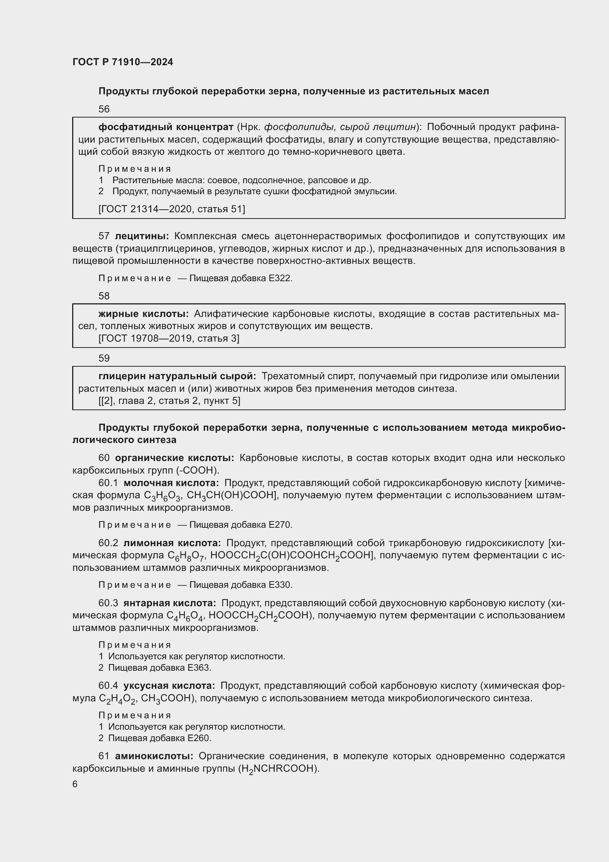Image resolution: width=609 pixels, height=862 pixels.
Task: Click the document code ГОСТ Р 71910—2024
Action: coord(123,62)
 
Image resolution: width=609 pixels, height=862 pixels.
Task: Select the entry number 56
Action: coord(104,109)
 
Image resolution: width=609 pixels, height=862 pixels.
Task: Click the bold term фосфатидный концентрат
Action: coord(166,127)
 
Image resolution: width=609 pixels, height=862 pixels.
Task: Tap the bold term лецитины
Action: coord(142,236)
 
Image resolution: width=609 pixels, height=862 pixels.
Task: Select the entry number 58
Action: coord(104,296)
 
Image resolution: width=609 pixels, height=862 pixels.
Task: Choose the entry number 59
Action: coord(104,358)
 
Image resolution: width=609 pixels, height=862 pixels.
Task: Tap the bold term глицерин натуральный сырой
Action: coord(177,376)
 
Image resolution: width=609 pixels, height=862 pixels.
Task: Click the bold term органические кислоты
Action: coord(175,458)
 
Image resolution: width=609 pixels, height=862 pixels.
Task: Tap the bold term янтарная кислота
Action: coord(169,603)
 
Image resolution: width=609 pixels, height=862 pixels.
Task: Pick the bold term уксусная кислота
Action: coord(169,686)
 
